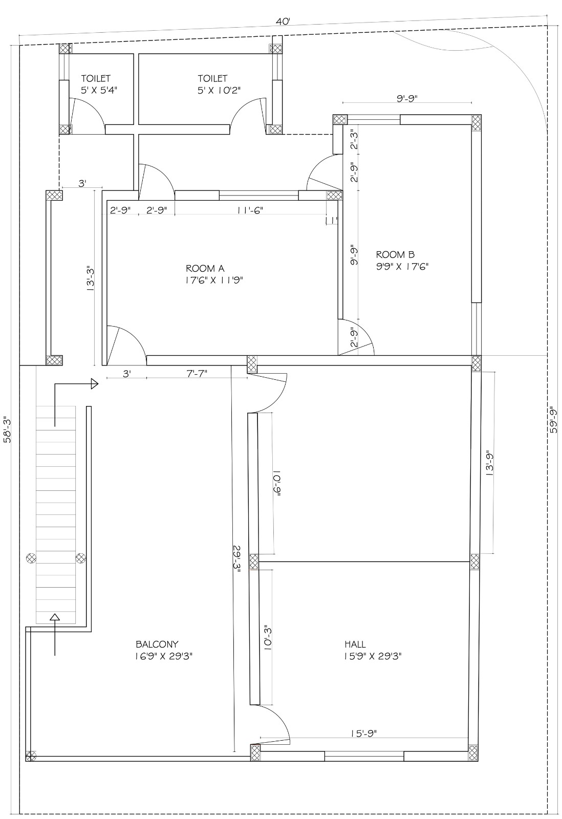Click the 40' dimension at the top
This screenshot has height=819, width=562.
coord(283,21)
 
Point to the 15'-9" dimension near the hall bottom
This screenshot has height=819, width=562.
coord(363,733)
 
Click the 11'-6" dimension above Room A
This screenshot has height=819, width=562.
coord(250,210)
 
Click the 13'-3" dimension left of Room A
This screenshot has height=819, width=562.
coord(90,278)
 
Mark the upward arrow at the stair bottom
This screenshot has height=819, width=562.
coord(55,617)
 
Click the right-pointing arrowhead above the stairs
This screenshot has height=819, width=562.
coord(94,383)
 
